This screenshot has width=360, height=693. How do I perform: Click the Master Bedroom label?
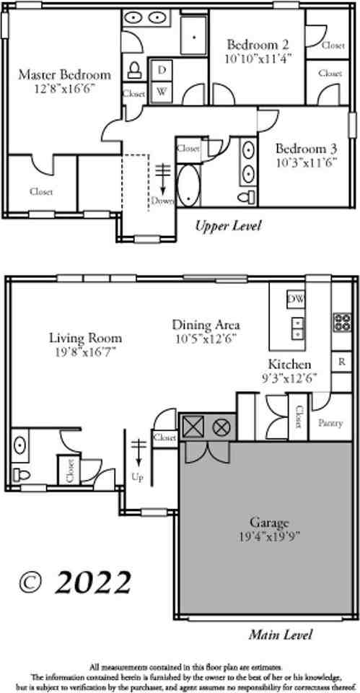point(64,75)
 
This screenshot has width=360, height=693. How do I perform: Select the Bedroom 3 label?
point(307,149)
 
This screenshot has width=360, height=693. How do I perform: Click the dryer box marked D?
point(162,69)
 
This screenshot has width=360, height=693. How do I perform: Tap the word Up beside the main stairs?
point(137,477)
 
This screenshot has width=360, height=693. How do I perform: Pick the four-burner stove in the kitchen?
point(342,321)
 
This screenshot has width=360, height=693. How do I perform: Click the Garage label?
point(269,522)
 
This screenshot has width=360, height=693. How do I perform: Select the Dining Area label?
point(206,325)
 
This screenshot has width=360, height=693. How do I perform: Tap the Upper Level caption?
point(228,226)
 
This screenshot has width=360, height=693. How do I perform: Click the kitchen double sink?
point(297,328)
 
